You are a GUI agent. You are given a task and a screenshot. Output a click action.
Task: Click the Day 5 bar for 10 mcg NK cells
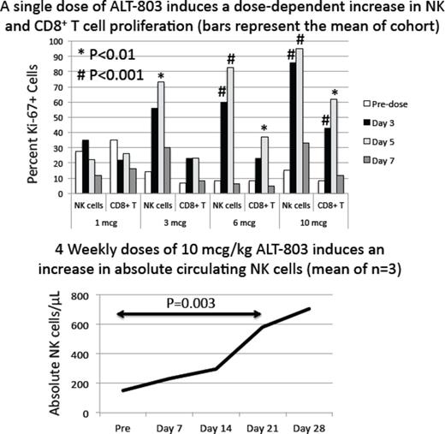[x=300, y=119]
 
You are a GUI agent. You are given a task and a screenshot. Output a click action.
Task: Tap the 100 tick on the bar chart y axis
[x=57, y=40]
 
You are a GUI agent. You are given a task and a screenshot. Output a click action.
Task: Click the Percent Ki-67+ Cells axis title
[x=33, y=116]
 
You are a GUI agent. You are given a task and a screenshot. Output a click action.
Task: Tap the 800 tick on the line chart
[x=81, y=296]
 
